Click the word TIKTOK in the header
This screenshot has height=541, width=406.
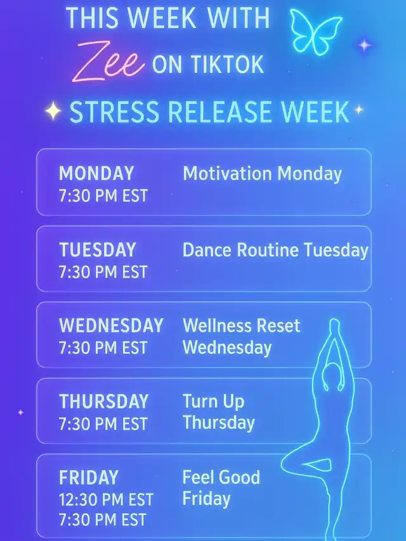[227, 64]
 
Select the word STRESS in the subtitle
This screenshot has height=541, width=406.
[115, 112]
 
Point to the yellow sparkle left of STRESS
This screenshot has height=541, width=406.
[53, 111]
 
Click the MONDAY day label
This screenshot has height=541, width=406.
[96, 173]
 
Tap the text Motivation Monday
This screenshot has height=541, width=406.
[262, 174]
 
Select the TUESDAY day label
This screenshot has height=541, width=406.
[97, 250]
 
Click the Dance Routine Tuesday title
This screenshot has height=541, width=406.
[275, 250]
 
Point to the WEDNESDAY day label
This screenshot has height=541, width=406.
[111, 325]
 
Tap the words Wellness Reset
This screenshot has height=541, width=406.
[241, 325]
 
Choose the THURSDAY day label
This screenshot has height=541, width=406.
[104, 401]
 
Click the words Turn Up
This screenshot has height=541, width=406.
[213, 401]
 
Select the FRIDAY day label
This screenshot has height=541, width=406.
[89, 478]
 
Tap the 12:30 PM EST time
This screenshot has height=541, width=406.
[106, 500]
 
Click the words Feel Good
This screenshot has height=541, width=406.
[221, 477]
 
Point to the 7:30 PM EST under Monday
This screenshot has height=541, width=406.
[103, 195]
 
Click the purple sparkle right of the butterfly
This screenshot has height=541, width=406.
[365, 45]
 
